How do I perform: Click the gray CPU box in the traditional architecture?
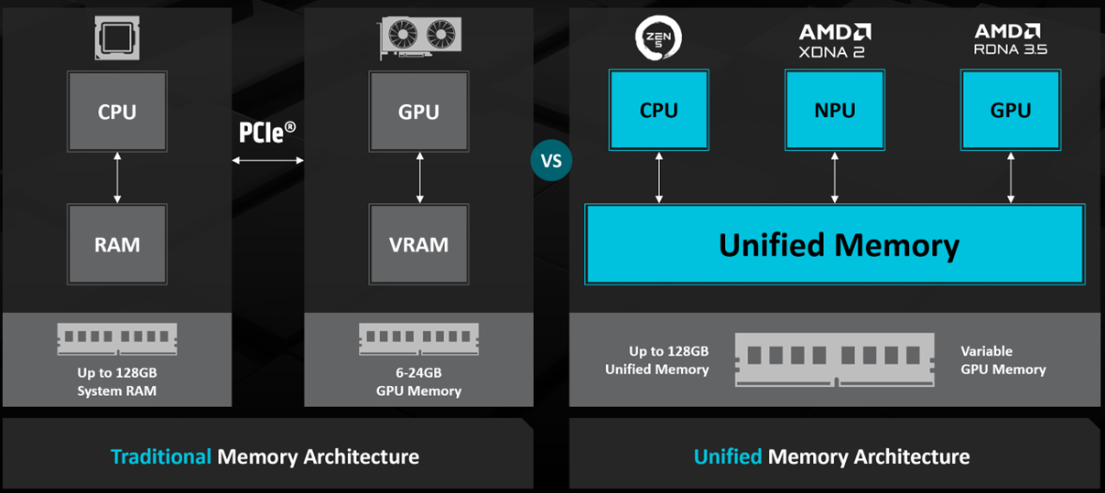(x=117, y=112)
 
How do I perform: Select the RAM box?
(x=117, y=244)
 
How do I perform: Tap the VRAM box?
(x=418, y=244)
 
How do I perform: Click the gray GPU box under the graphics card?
(x=418, y=112)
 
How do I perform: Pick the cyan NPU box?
(x=834, y=111)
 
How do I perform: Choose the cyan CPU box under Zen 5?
(x=658, y=111)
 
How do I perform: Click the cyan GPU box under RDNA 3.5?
(x=1010, y=111)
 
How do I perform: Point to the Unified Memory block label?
(x=839, y=245)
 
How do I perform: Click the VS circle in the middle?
(x=550, y=161)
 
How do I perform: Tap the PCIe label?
(x=267, y=133)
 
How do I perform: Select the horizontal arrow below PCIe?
(x=267, y=161)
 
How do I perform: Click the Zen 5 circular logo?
(x=658, y=38)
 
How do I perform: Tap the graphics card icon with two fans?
(x=418, y=38)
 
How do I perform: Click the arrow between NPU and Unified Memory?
(x=834, y=177)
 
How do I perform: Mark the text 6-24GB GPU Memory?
(x=418, y=381)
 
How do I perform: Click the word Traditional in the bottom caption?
(x=160, y=456)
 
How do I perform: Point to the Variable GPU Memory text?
(x=1002, y=360)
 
